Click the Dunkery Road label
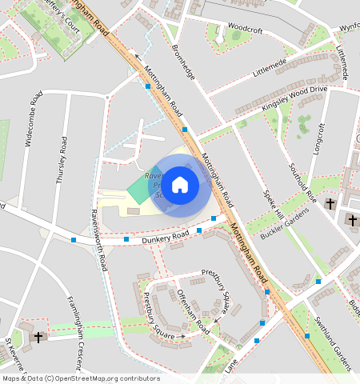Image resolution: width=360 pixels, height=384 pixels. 165,236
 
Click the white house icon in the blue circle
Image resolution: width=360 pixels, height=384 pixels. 181,185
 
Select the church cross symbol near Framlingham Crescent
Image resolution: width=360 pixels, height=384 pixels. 38,336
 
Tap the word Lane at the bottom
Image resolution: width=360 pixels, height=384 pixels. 231,364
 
